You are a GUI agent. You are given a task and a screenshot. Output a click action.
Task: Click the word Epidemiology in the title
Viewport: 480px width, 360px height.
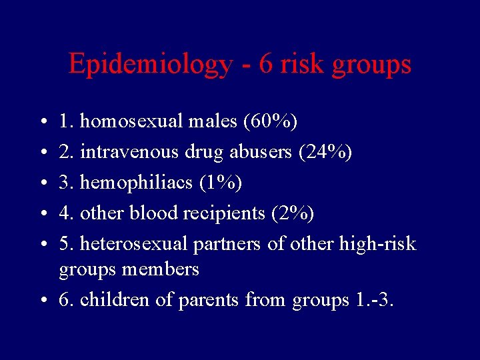[151, 65]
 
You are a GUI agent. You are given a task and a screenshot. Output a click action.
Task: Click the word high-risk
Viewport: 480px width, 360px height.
[377, 244]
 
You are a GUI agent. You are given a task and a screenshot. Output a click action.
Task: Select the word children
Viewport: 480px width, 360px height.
[115, 299]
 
